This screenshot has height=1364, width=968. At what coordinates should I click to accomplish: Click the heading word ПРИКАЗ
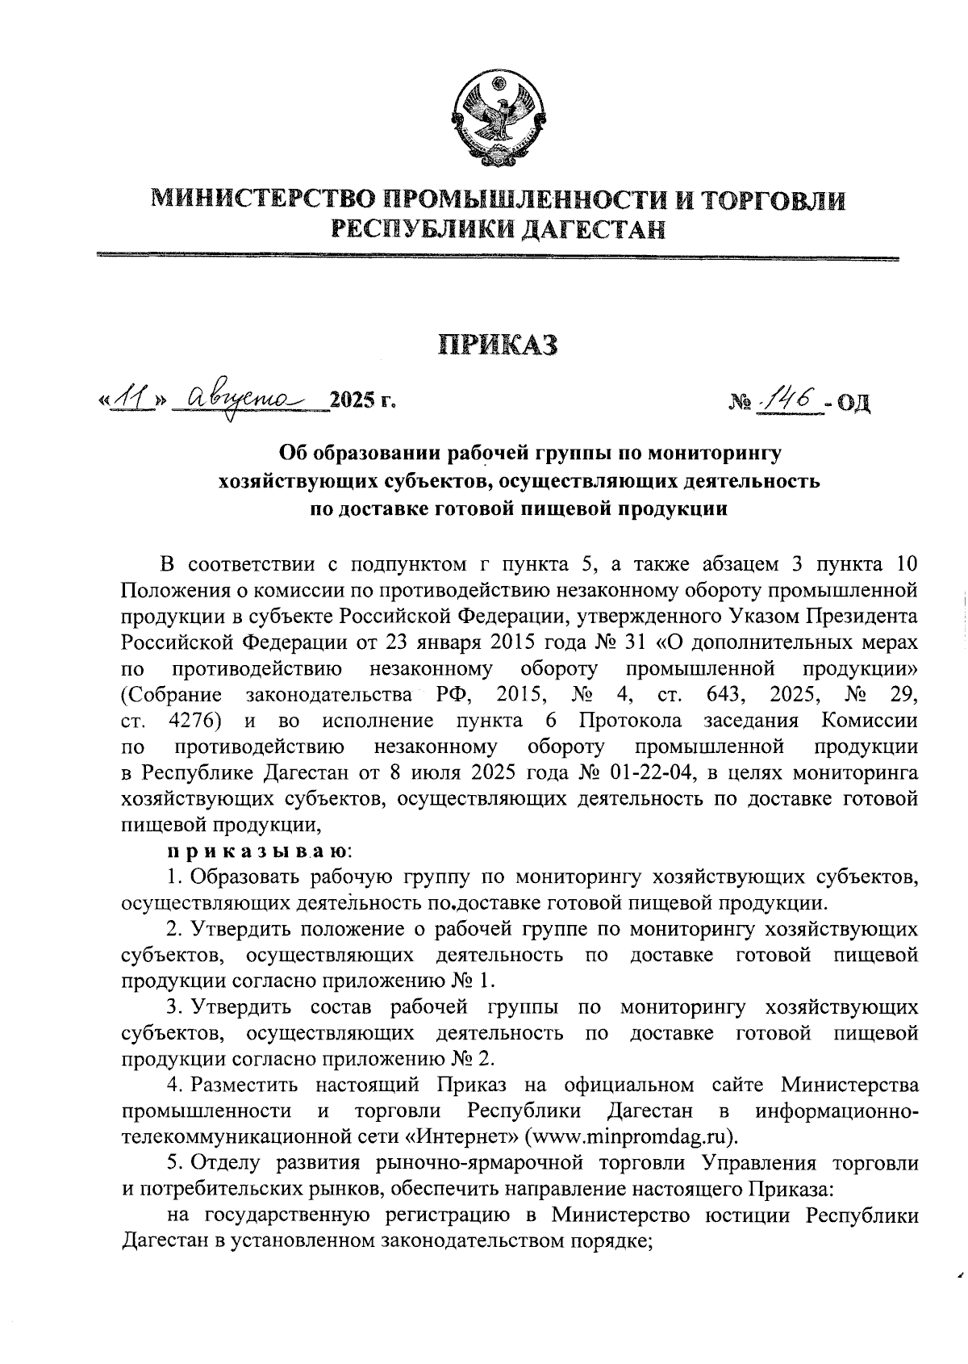pyautogui.click(x=498, y=344)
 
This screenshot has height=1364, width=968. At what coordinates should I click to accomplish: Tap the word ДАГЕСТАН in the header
pyautogui.click(x=594, y=230)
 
